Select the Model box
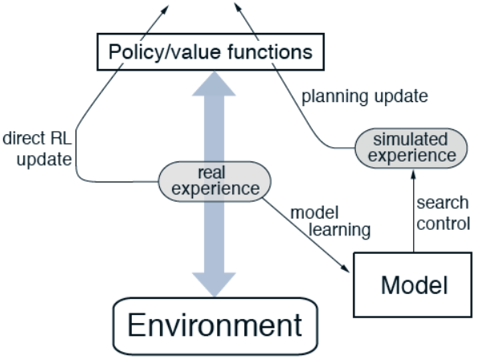[x=411, y=284]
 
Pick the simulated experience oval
[x=411, y=145]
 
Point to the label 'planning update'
[x=364, y=96]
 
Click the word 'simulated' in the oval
[x=411, y=137]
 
